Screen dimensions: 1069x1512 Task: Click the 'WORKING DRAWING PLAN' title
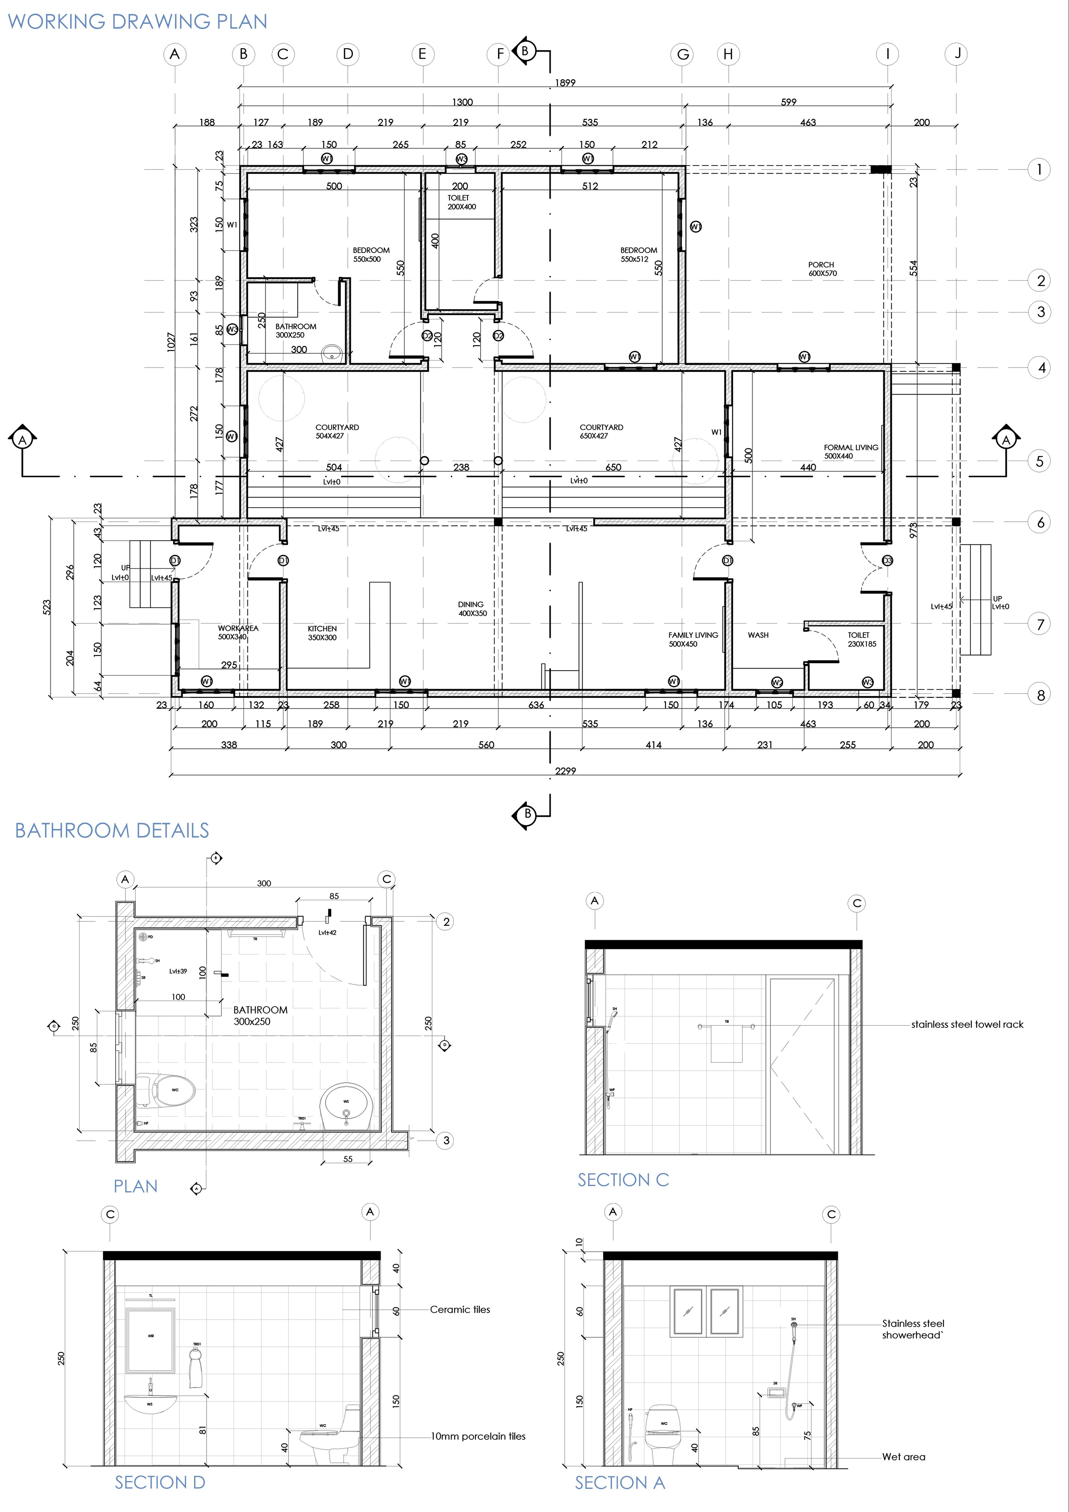pos(137,22)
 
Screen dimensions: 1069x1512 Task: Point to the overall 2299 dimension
pos(565,770)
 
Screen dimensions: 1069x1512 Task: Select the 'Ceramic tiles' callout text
pos(460,1309)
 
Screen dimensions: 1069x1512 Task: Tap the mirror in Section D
pos(151,1340)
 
